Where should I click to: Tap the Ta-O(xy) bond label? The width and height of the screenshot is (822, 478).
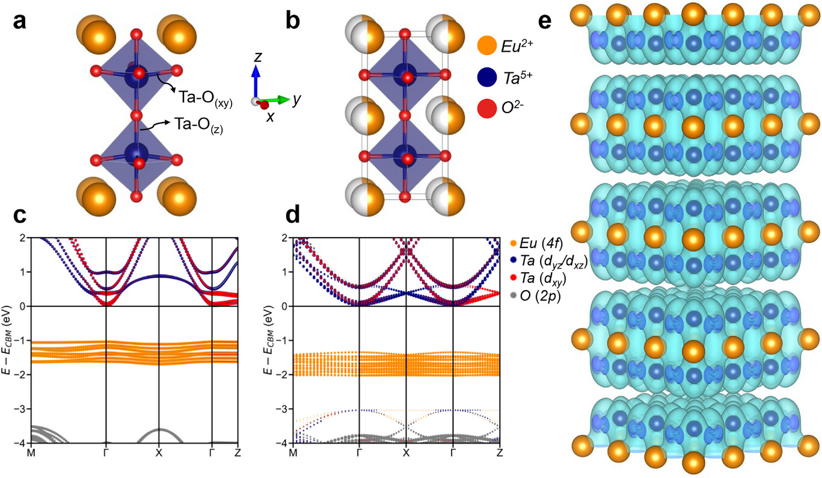click(203, 93)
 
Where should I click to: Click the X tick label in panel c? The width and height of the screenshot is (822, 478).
click(159, 452)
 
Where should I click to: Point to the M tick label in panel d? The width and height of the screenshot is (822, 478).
click(293, 452)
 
